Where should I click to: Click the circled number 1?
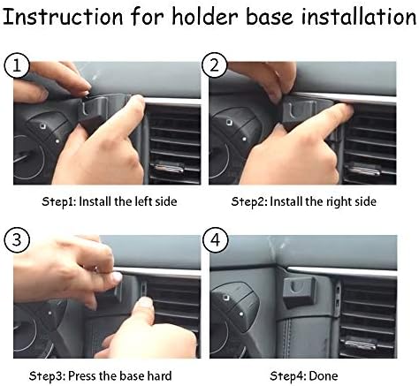click(17, 65)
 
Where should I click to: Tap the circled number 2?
click(215, 65)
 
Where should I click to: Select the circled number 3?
click(17, 240)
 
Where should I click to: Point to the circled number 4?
click(216, 240)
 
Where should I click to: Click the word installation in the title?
click(359, 17)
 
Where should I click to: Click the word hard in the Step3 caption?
click(159, 376)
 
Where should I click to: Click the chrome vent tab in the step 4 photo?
click(361, 343)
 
